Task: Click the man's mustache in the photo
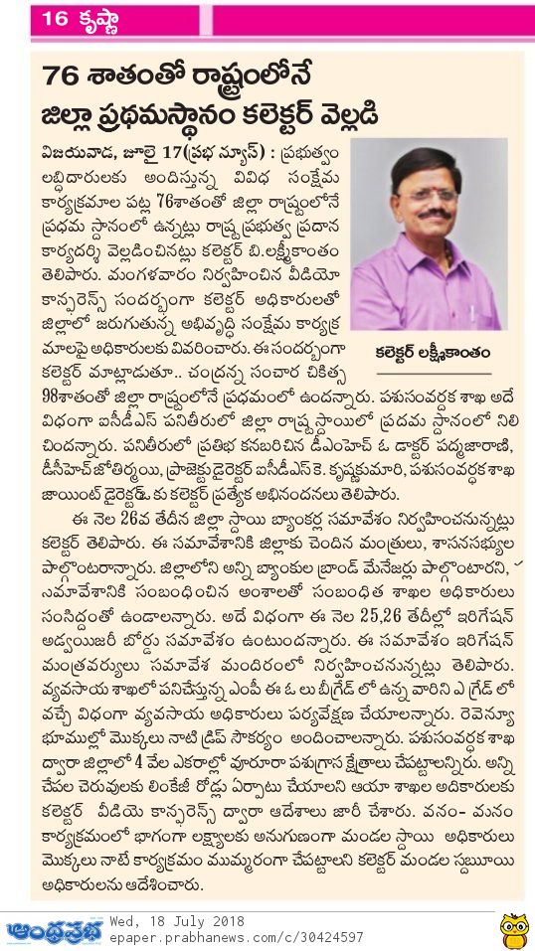pyautogui.click(x=433, y=213)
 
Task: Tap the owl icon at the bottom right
pyautogui.click(x=513, y=929)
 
